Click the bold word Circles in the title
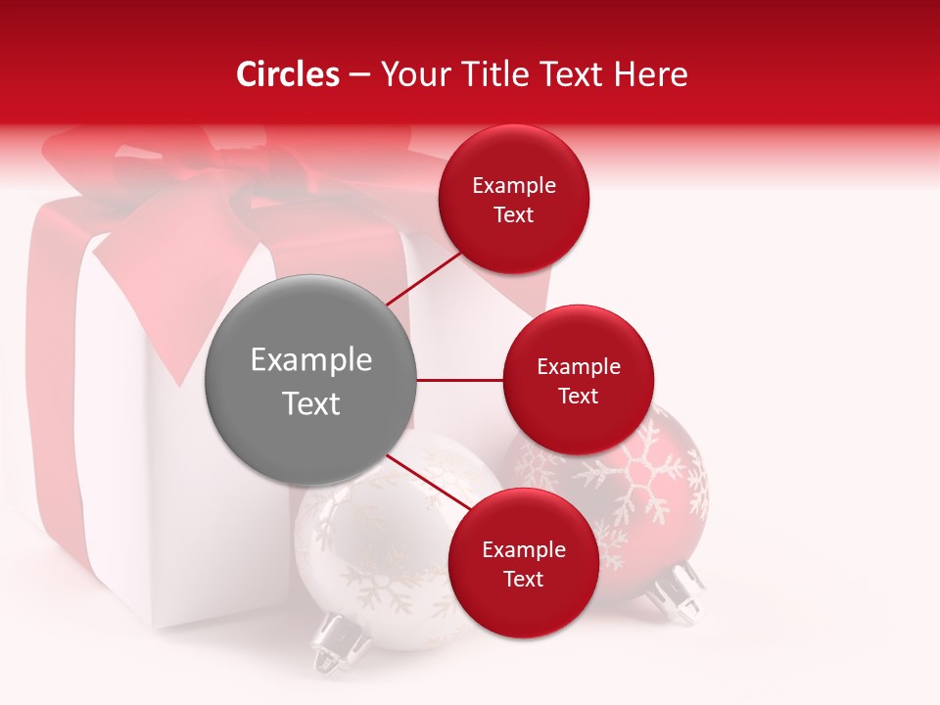288,74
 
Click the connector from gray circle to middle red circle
459,380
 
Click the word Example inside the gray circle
311,360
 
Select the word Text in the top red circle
513,215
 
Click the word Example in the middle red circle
578,367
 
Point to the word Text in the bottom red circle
523,580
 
